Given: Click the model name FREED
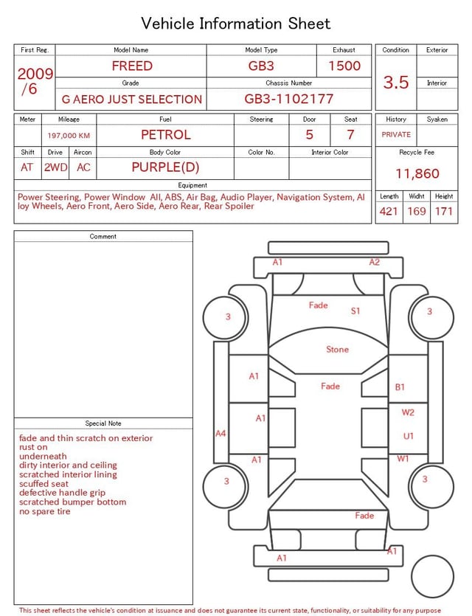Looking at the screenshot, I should [x=132, y=66].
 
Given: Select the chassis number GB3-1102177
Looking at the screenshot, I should [x=289, y=99].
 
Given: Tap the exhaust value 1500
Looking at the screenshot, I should [x=344, y=66].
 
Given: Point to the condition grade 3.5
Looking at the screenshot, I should [x=396, y=82].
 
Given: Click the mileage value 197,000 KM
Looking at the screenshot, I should [x=69, y=136].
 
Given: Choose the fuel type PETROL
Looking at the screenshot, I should [x=166, y=135].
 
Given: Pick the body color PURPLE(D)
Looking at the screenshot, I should [x=165, y=167].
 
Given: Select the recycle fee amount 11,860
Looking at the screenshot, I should [x=417, y=174].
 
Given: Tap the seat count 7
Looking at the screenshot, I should [x=350, y=135].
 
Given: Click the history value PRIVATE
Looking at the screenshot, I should [x=396, y=135].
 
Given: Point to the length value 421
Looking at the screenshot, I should [x=389, y=212].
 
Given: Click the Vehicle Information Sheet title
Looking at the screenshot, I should [x=236, y=24].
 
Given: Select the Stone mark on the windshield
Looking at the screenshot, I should [x=337, y=350].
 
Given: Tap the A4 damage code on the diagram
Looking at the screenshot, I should [x=221, y=434].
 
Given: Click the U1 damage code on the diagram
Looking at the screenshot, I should [x=409, y=436].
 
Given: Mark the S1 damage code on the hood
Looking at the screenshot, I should [x=355, y=311].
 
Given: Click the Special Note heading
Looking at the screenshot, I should [x=103, y=423].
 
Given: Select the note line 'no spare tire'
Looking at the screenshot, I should [x=45, y=511].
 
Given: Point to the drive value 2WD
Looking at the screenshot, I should [x=55, y=167].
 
